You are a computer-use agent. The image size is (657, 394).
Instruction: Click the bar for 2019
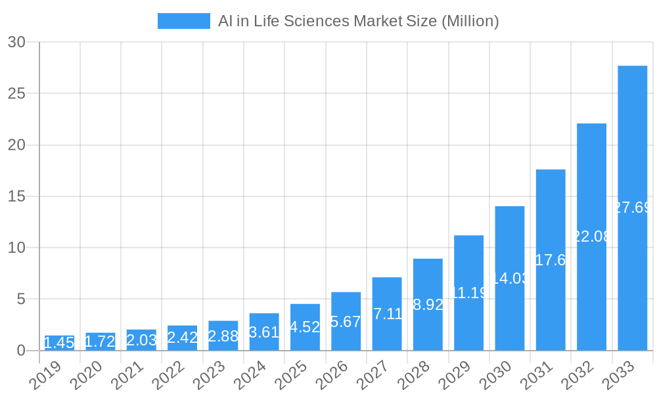[59, 343]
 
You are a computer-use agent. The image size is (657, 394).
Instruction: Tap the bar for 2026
[346, 321]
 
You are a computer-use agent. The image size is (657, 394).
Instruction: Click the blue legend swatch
[183, 21]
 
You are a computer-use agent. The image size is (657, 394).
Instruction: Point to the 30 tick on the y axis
[16, 42]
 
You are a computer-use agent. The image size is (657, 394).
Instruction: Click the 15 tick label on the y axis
[16, 196]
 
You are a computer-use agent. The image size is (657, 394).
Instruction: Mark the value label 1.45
[59, 343]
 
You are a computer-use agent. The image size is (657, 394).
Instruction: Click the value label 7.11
[387, 314]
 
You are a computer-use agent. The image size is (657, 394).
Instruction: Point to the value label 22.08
[591, 237]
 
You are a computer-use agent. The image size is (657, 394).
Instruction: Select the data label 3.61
[264, 332]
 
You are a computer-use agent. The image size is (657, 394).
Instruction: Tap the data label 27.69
[632, 208]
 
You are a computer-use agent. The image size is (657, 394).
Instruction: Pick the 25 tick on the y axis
[16, 93]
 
